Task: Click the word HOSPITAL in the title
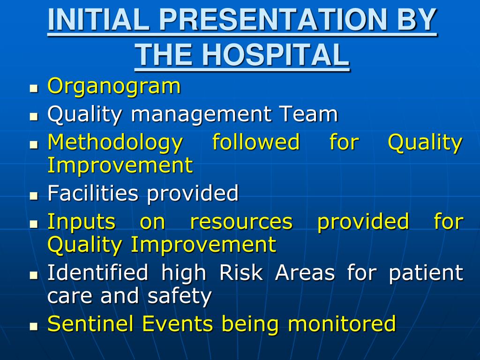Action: click(276, 54)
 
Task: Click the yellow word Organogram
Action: click(114, 87)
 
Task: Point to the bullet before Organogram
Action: click(34, 89)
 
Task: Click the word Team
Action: click(309, 114)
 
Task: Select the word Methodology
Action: click(115, 143)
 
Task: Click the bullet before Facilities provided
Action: click(34, 195)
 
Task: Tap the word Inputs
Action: click(82, 222)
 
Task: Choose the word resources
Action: click(241, 223)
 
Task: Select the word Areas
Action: click(305, 272)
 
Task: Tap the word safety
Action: click(180, 296)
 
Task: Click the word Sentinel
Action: click(91, 323)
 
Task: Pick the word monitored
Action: click(342, 323)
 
